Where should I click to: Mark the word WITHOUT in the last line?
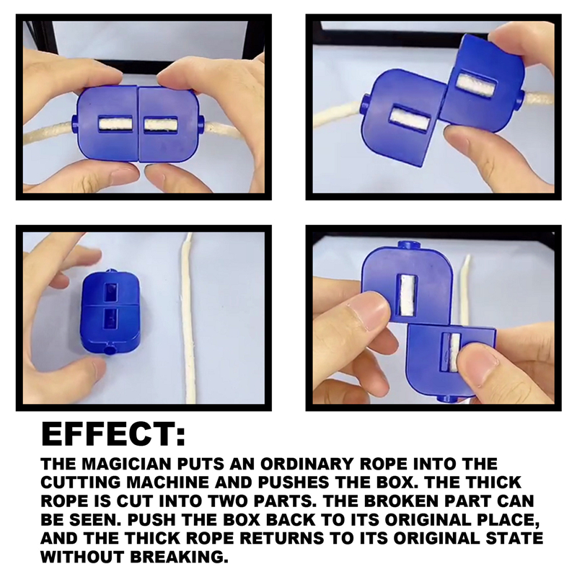(86, 557)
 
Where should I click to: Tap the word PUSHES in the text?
(333, 482)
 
